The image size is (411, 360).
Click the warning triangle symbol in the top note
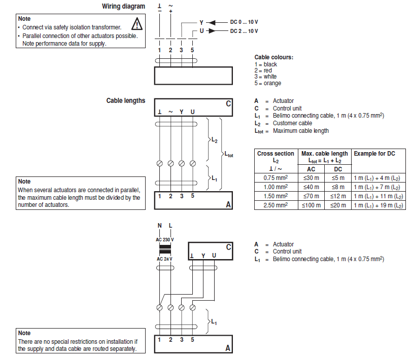136,23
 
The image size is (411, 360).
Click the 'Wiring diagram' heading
123,7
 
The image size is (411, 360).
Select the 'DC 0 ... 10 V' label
244,22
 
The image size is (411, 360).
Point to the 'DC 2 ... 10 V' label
244,31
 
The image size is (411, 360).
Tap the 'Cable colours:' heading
274,57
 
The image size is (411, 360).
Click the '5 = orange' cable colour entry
267,83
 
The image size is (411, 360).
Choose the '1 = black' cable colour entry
266,64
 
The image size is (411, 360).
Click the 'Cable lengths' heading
125,100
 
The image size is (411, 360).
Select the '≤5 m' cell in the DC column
338,178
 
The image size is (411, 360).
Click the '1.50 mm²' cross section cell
276,196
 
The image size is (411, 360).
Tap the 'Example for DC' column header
374,154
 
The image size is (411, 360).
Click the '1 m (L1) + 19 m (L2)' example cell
379,205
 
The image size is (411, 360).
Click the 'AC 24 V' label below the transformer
164,259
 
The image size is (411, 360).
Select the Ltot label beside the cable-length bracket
228,155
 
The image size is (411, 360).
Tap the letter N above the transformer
159,225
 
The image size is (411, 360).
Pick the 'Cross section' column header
276,154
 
